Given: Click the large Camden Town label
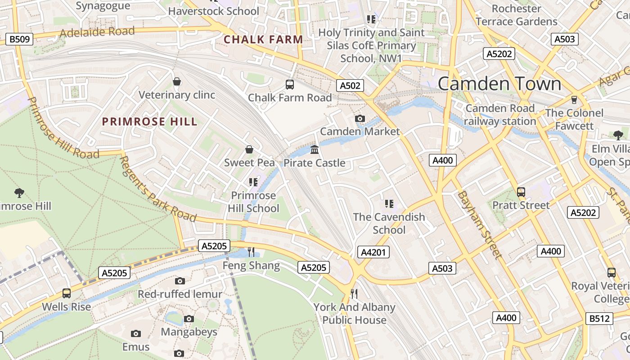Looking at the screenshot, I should coord(499,84).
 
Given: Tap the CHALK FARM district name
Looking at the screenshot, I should coord(263,40).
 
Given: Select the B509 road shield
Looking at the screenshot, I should coord(20,39).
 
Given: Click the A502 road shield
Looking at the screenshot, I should coord(350,85).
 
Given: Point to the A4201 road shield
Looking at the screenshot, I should coord(373,252).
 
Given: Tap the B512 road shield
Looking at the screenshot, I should coord(600,319).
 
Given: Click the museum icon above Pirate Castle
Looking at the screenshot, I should coord(315,149).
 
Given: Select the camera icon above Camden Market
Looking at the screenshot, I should coord(360,118).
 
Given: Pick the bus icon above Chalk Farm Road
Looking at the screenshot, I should coord(290,84).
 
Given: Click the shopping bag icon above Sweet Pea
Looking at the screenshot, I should coord(249,149).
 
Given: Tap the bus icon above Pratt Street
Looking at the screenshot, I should coord(521,192).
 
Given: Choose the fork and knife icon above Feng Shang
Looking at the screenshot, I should coord(251,252).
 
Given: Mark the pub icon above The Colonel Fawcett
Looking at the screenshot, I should coord(574,99).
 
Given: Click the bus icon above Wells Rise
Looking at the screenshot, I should coord(67,293).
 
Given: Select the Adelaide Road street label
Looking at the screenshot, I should coord(97,32).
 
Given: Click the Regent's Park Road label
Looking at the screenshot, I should coord(157,189).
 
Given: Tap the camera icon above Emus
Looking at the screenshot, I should coord(136,333).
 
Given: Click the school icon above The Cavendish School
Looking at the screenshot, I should coord(389,204).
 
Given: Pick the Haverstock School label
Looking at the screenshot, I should coord(214,11).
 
